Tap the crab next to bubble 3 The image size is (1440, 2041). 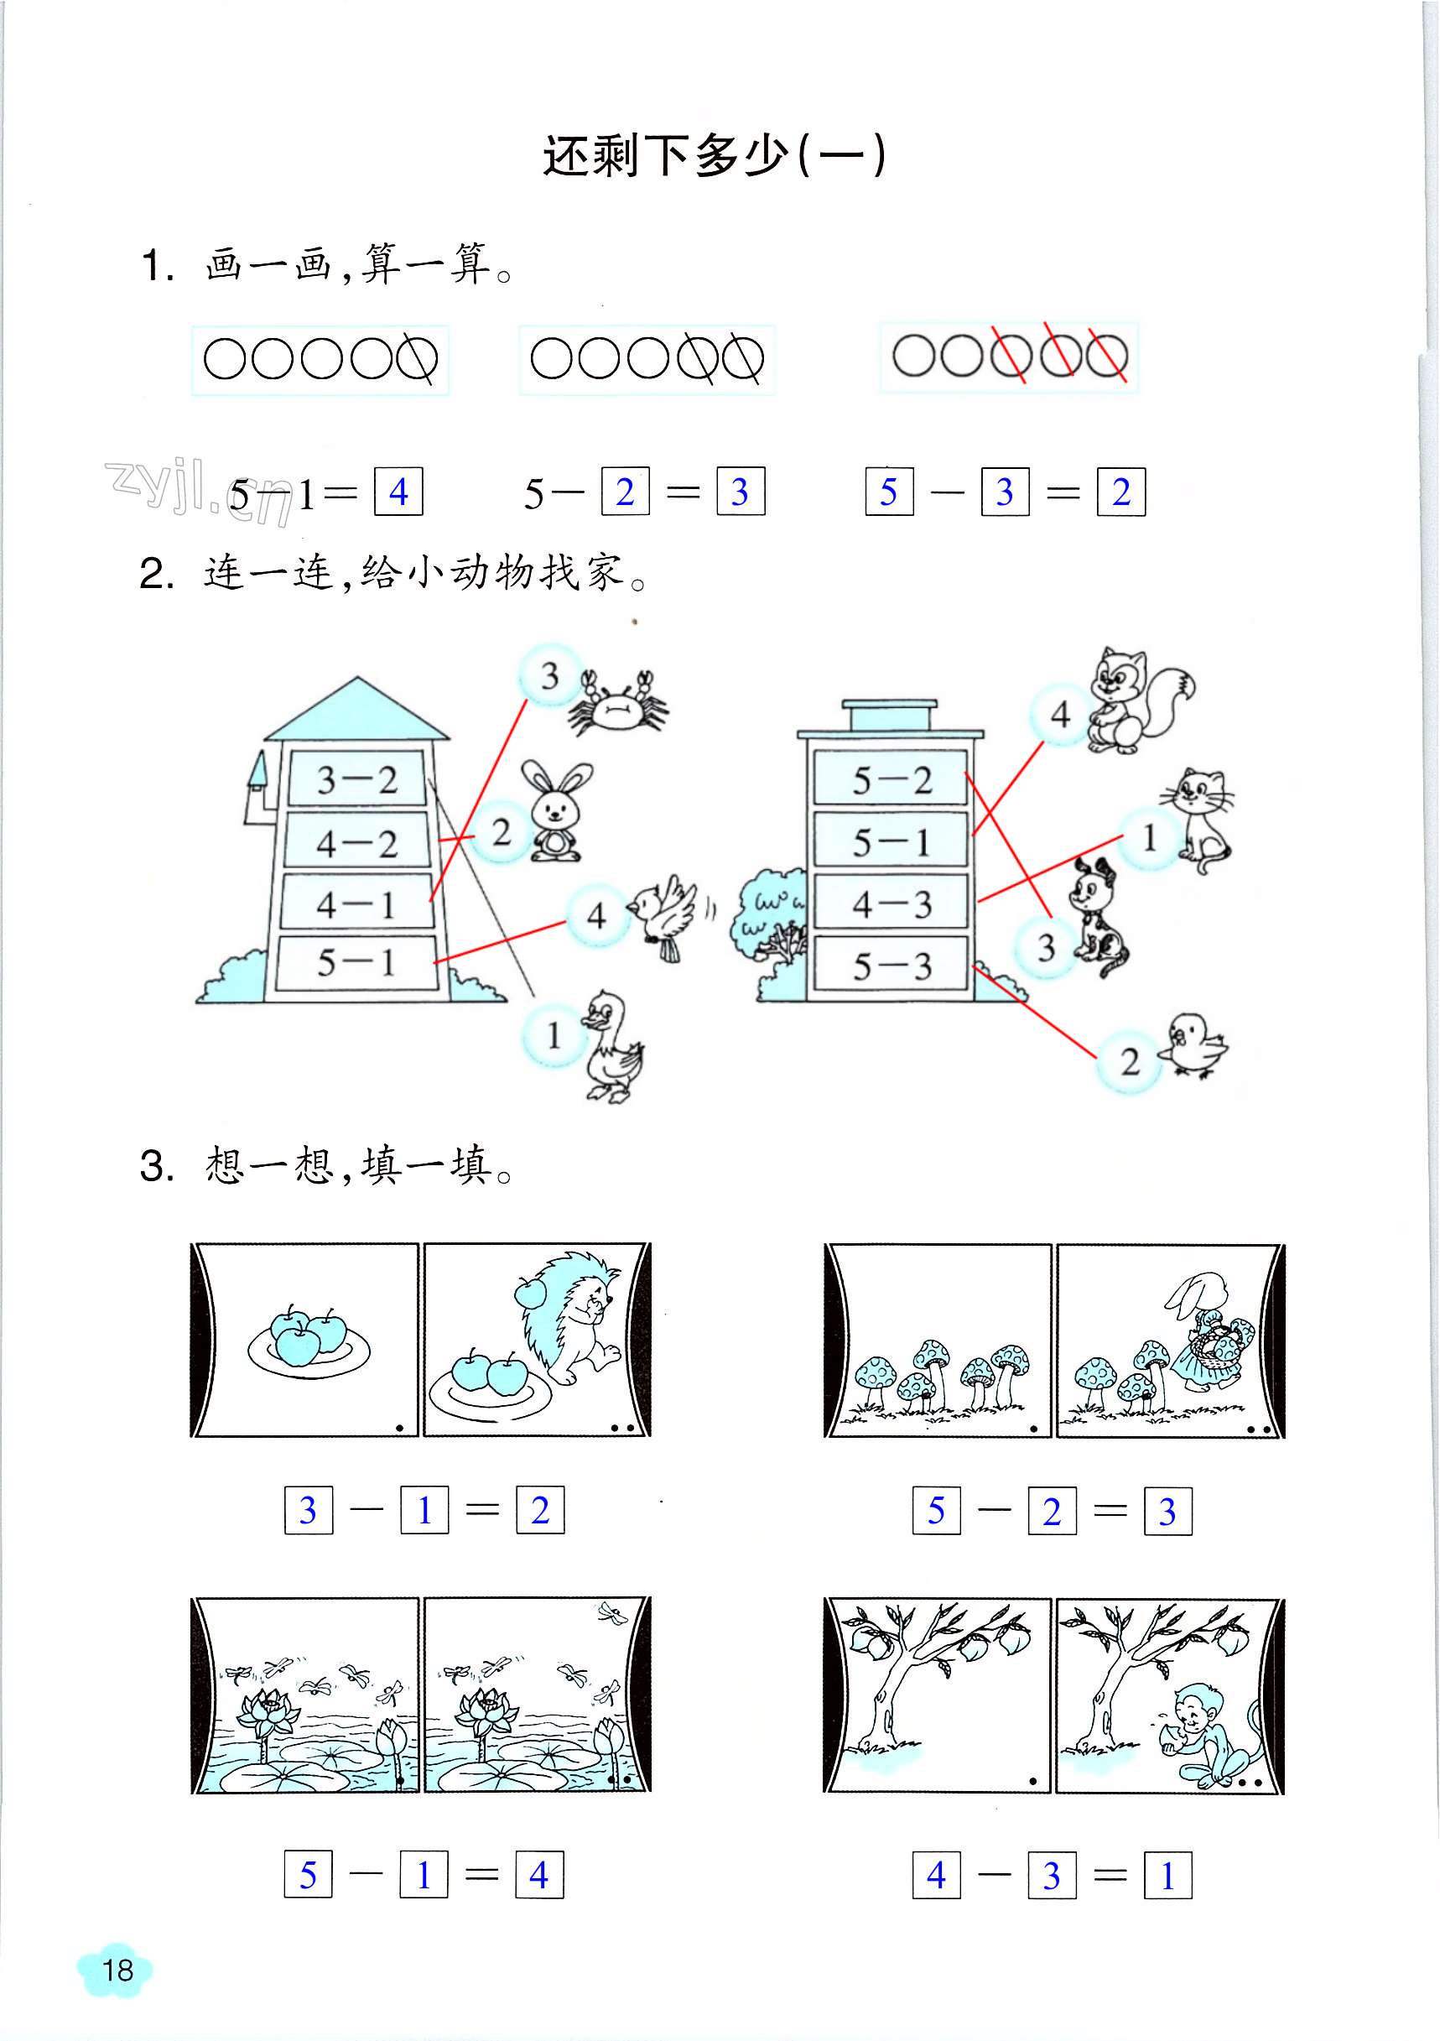click(x=618, y=703)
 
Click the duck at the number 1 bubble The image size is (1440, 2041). click(x=612, y=1046)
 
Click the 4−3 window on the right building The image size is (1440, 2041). click(x=892, y=903)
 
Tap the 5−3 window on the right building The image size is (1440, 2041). click(x=892, y=965)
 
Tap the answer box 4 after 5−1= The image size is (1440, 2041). click(x=398, y=491)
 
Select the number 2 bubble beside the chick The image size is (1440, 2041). click(x=1130, y=1060)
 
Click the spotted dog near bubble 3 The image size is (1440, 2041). click(x=1098, y=919)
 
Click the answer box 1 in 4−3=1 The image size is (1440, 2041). click(x=1167, y=1876)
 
